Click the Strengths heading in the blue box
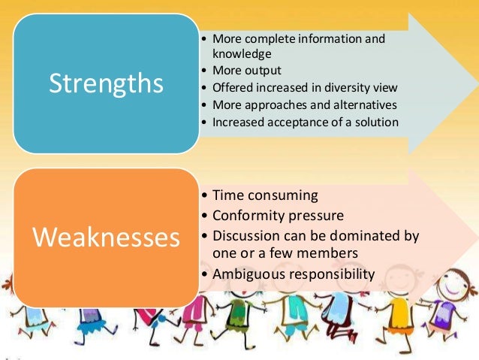106,83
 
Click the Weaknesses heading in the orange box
106,237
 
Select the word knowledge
241,54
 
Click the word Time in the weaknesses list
227,195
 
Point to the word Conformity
250,216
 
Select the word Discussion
247,235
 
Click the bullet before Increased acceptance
206,122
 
